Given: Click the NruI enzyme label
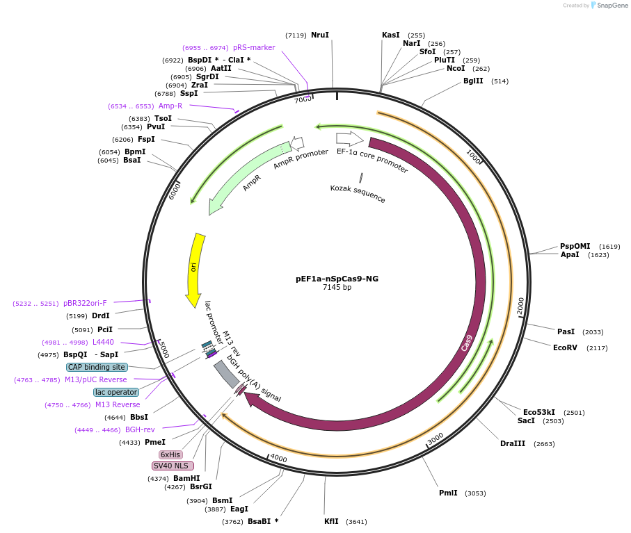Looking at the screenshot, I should (320, 35).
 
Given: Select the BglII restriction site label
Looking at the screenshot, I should (473, 81).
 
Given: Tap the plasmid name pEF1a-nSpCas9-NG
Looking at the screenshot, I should (337, 279).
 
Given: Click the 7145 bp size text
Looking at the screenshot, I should (337, 288).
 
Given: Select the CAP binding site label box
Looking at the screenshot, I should (97, 367).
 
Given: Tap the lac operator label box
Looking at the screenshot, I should (115, 392).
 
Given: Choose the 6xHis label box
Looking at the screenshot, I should (170, 454).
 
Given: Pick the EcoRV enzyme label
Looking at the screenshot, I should (565, 347).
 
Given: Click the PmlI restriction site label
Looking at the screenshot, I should (448, 493).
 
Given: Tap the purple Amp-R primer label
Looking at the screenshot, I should (170, 106).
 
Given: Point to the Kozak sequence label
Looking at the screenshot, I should (358, 193).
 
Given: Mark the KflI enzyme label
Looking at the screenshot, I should (331, 521).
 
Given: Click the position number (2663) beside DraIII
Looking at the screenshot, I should (545, 443).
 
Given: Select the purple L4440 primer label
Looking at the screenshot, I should (103, 342).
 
